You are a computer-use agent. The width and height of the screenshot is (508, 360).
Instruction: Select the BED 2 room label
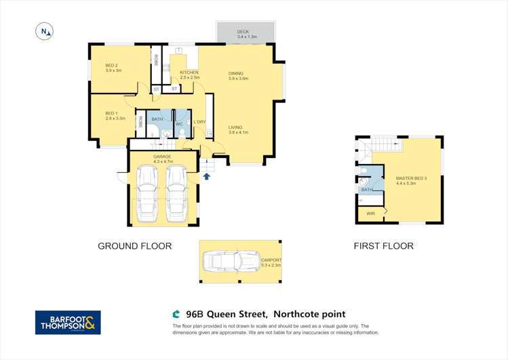(x=113, y=67)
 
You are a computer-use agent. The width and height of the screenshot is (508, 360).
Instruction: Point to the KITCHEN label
(x=189, y=73)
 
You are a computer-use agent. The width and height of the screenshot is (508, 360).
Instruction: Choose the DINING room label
(x=236, y=73)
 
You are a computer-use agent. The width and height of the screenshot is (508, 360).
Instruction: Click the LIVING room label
(x=235, y=127)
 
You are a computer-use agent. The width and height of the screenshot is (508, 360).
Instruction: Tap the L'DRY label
(x=199, y=122)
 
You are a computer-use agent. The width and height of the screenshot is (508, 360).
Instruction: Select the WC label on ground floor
(x=179, y=123)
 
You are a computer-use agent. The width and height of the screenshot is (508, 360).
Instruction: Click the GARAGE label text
(x=162, y=157)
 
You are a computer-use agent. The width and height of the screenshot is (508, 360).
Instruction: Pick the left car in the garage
(x=147, y=195)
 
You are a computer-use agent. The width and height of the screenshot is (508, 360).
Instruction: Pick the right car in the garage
(x=176, y=195)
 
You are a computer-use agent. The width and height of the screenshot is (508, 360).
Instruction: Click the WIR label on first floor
(x=370, y=214)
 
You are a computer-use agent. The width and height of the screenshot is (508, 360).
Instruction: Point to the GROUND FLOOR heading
(x=134, y=246)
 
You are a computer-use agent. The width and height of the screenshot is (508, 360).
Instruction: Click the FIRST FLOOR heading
(x=383, y=246)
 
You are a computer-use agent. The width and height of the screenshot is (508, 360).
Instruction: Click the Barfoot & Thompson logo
(x=68, y=323)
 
